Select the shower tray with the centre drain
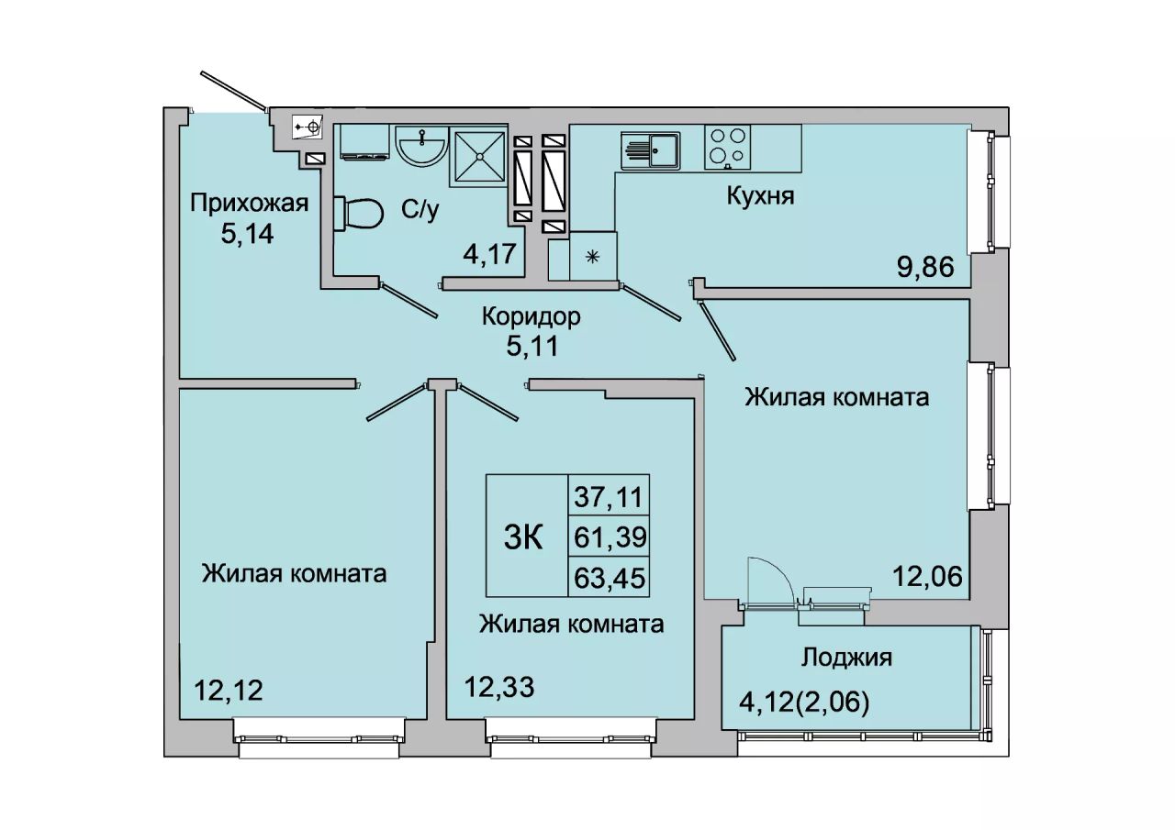pos(478,156)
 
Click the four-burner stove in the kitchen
pos(727,147)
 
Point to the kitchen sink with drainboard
pos(651,149)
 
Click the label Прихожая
pos(249,203)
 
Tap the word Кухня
pos(760,196)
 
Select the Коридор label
pos(532,316)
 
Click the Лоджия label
pos(846,657)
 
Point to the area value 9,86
pos(925,268)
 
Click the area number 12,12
pos(229,690)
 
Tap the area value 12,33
pos(499,687)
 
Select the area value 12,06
pos(928,577)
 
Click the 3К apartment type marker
pos(523,538)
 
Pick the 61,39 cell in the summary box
pos(610,537)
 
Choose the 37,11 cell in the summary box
pos(610,496)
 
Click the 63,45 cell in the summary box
pos(610,578)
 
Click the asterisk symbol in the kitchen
pos(592,257)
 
